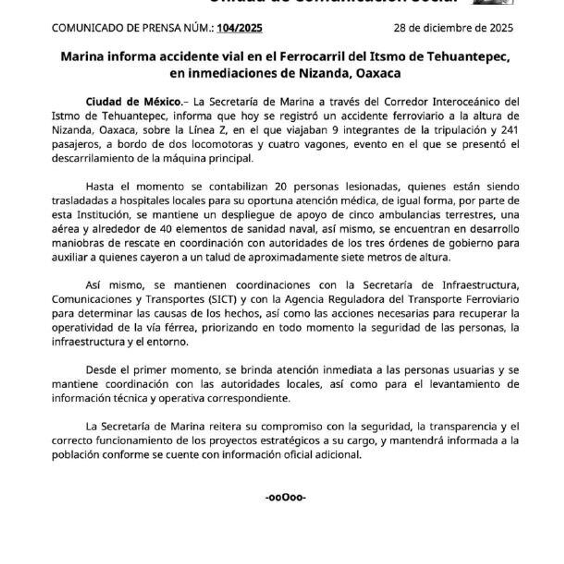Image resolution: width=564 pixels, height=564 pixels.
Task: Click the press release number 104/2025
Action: [239, 28]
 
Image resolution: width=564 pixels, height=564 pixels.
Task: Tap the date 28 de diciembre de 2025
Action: [453, 28]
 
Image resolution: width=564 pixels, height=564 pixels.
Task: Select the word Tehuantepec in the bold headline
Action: [468, 57]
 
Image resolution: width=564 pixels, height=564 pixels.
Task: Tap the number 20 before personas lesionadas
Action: [281, 187]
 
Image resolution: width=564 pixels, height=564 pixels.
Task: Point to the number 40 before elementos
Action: [166, 229]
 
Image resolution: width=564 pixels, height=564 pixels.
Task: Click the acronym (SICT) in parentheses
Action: [223, 299]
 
